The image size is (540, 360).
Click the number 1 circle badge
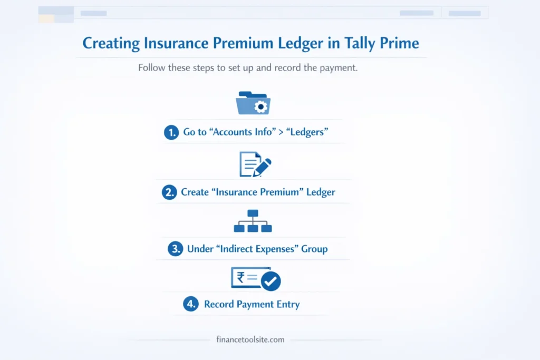[x=171, y=132]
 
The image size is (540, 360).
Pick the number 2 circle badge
[x=169, y=192]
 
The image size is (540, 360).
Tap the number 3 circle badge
[x=175, y=249]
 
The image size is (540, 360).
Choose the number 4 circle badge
[x=190, y=304]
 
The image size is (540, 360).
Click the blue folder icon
[x=253, y=103]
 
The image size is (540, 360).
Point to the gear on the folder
[x=260, y=107]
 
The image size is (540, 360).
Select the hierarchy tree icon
[x=253, y=221]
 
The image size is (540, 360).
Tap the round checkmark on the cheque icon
[x=271, y=281]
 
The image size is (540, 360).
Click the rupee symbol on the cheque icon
[x=240, y=276]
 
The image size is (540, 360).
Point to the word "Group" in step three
[x=314, y=249]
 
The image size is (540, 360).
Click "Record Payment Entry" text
[x=252, y=304]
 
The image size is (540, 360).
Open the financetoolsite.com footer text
[x=250, y=339]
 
